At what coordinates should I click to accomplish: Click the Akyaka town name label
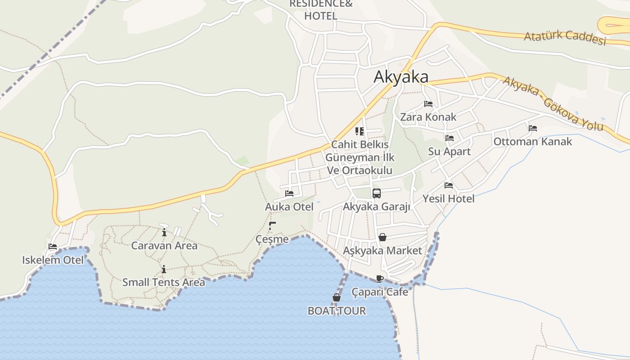(401, 77)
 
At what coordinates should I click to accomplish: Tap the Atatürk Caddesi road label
(565, 37)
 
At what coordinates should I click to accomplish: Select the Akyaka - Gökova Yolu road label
(553, 103)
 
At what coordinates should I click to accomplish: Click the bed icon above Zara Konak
(428, 104)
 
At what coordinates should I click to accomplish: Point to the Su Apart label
(449, 152)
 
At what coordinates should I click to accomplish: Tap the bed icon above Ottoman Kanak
(533, 128)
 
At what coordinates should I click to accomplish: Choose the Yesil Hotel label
(448, 198)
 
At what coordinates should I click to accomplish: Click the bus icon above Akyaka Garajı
(377, 193)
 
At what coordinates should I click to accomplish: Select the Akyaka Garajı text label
(377, 207)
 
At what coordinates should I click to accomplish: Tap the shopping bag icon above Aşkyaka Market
(382, 237)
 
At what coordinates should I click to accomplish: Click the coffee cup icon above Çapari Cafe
(380, 279)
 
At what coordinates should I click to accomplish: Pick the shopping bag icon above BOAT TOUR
(337, 297)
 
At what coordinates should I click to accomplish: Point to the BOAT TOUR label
(337, 310)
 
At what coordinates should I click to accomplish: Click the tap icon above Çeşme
(272, 226)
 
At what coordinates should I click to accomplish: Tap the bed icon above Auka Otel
(289, 193)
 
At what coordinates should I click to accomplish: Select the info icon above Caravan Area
(164, 232)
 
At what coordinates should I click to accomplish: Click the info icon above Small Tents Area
(164, 269)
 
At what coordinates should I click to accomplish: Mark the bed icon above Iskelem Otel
(53, 247)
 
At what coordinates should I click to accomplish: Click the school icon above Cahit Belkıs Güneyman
(360, 131)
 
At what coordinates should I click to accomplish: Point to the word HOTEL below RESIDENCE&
(320, 16)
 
